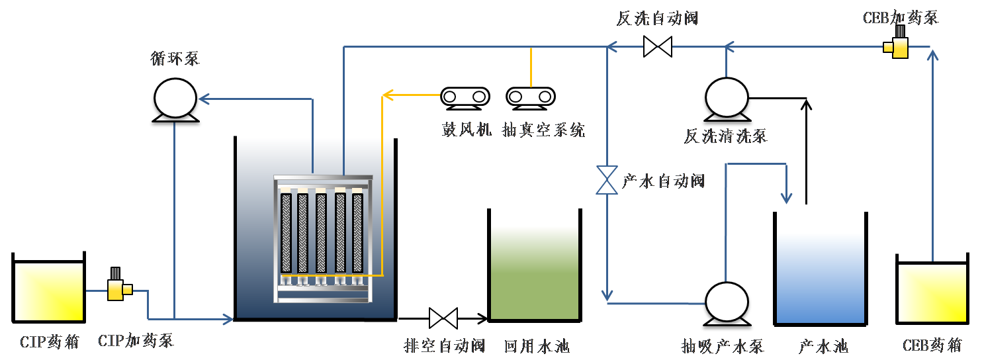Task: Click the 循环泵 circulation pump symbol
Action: click(175, 101)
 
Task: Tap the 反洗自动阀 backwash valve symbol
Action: click(658, 47)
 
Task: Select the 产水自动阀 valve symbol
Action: click(607, 180)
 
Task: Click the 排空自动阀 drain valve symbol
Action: click(443, 318)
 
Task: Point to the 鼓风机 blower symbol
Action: click(465, 97)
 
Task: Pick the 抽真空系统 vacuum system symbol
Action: click(530, 97)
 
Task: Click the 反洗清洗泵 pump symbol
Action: click(726, 101)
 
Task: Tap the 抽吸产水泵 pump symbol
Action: click(726, 304)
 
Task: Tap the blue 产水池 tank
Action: click(820, 268)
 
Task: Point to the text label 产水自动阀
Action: click(663, 181)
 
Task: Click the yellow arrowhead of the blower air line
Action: click(387, 97)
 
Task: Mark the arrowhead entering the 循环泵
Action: click(203, 99)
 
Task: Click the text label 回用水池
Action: click(537, 346)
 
